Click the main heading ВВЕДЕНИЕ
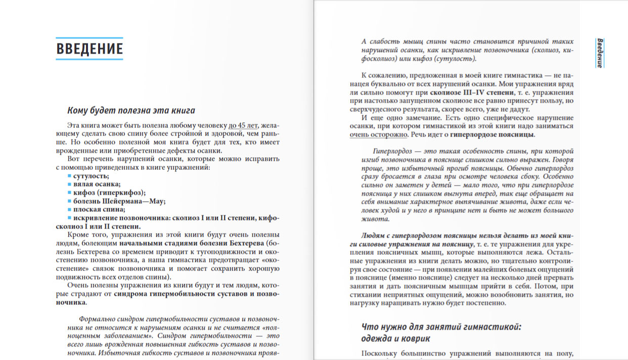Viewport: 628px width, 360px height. [89, 49]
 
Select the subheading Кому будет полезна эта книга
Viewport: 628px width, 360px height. [131, 111]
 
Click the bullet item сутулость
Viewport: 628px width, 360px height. [91, 176]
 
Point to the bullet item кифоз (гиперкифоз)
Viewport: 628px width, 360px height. [109, 192]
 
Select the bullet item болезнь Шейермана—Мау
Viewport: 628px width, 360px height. [119, 201]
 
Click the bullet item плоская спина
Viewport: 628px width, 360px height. [99, 209]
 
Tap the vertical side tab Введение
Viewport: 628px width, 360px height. [599, 53]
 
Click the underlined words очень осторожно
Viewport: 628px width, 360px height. [378, 134]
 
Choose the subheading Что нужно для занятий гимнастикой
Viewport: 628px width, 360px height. [441, 327]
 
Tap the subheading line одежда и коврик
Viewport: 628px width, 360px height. [396, 338]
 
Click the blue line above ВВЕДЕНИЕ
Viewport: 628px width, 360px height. [89, 38]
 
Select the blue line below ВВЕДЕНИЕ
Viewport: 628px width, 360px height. [89, 60]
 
